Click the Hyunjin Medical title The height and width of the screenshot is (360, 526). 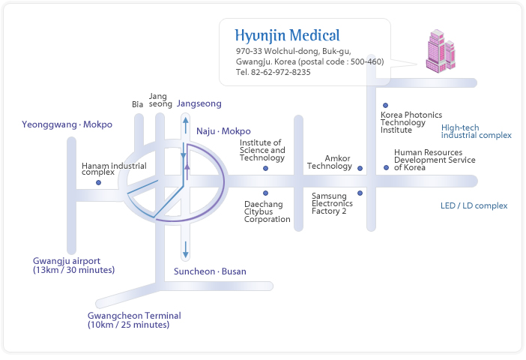(287, 35)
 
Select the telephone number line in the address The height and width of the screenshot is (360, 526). (273, 73)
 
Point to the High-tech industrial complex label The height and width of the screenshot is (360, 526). (476, 132)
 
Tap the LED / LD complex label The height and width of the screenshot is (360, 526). (474, 205)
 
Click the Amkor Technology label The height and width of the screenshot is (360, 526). (330, 162)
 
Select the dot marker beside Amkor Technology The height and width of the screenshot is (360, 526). (360, 169)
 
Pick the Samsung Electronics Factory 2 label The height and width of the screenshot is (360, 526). (329, 203)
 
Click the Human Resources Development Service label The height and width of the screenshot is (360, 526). (435, 160)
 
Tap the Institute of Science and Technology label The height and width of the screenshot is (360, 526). (262, 150)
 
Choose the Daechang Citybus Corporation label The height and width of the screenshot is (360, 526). (267, 211)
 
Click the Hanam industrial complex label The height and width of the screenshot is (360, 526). (114, 169)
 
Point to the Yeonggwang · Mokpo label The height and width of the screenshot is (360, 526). (67, 124)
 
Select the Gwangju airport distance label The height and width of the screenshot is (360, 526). (73, 265)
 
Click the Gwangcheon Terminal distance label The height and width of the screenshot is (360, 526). (134, 320)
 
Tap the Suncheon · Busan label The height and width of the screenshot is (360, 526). (210, 271)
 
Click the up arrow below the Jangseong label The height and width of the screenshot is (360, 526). (185, 123)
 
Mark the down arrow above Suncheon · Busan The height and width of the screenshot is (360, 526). (185, 250)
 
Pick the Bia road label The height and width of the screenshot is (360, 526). (137, 104)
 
